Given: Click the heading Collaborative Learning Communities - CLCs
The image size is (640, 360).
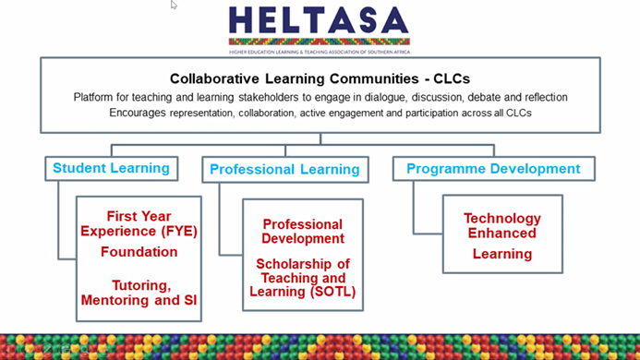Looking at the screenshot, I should pos(320,79).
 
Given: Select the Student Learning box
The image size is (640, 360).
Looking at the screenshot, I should pos(111,168).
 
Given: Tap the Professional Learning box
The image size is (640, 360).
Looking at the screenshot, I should pos(284,169).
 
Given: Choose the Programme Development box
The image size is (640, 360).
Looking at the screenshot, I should pos(493,168).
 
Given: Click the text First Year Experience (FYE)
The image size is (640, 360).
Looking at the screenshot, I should pos(139,223).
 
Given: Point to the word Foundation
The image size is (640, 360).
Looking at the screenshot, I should pos(139,251).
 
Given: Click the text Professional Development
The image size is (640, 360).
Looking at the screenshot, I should pos(302,231).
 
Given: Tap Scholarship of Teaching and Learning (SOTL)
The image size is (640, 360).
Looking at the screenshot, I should pos(302,278).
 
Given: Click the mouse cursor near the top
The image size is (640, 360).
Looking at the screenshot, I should pos(174,5).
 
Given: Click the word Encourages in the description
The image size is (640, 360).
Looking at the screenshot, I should pos(140,112).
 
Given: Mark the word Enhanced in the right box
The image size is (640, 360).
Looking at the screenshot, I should pos(501,234).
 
